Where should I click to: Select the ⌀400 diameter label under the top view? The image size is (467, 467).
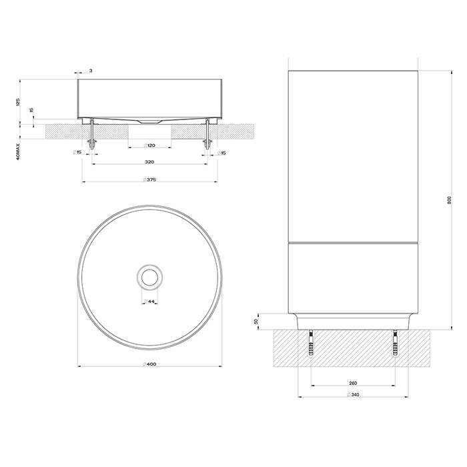click(x=149, y=364)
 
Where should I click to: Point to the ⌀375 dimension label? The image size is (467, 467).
click(x=149, y=179)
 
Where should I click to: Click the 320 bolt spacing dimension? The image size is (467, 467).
click(x=149, y=162)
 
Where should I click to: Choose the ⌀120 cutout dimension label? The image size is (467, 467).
click(x=149, y=145)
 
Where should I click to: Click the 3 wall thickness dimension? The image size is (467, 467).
click(x=90, y=70)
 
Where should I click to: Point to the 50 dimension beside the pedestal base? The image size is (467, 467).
click(x=257, y=321)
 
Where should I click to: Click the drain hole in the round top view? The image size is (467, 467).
click(x=149, y=275)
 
